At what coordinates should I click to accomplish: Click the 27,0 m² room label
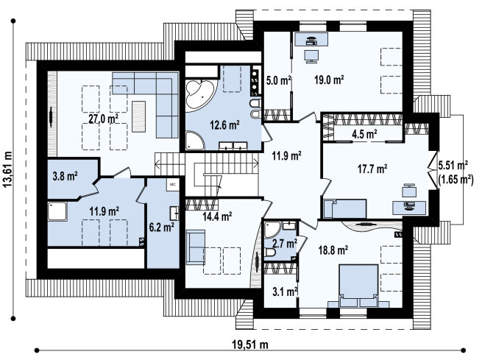click(x=103, y=119)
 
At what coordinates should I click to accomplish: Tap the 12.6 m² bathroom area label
click(x=224, y=125)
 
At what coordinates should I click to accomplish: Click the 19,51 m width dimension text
click(x=250, y=345)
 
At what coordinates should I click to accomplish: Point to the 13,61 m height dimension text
click(x=7, y=169)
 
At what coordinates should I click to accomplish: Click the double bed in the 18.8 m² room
click(x=358, y=286)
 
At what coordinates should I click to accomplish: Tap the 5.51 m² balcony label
click(x=453, y=166)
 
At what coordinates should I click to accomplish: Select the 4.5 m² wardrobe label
click(x=364, y=134)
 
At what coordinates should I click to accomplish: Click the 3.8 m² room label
click(x=65, y=176)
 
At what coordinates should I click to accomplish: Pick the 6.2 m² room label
click(x=162, y=227)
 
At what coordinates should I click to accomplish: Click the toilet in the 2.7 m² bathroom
click(x=270, y=253)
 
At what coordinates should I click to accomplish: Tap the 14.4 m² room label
click(x=217, y=216)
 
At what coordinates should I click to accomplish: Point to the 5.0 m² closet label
click(x=278, y=80)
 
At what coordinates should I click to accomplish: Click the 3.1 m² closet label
click(x=285, y=291)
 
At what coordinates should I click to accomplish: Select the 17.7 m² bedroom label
click(x=372, y=168)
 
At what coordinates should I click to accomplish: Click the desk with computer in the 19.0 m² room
click(x=311, y=39)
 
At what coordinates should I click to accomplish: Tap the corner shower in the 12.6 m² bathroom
click(x=194, y=141)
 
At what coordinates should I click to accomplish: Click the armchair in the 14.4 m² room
click(x=195, y=247)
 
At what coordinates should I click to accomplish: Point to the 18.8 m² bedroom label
click(x=333, y=250)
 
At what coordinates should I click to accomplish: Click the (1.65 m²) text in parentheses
click(x=456, y=179)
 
